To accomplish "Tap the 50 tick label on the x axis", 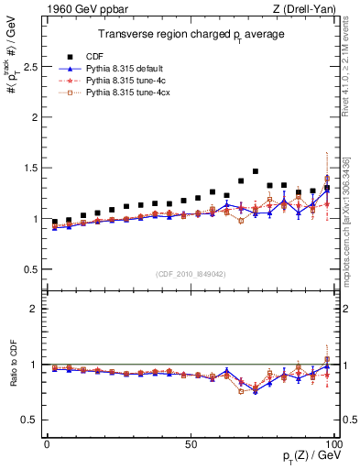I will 191,443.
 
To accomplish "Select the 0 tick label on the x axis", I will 47,443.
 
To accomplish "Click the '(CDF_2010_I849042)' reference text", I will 189,274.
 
